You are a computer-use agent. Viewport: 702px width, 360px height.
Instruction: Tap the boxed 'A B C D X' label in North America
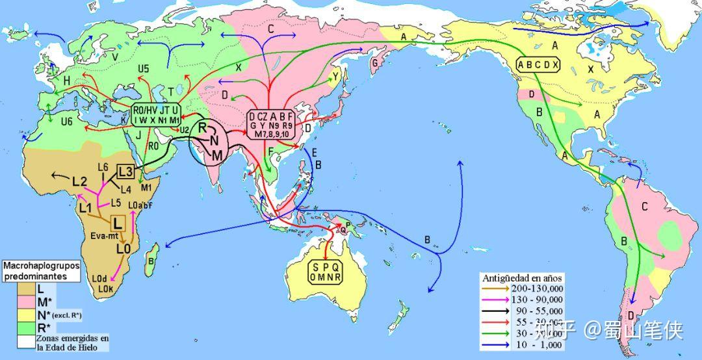538,64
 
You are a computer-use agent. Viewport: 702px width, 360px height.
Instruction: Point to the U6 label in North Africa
66,122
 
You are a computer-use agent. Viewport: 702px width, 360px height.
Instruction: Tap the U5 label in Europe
143,68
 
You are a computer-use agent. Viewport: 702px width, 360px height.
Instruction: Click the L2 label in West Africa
79,181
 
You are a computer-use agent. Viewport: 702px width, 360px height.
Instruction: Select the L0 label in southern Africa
124,248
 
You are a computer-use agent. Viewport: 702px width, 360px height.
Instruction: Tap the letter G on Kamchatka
374,63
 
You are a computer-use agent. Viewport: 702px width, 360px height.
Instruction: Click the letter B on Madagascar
151,262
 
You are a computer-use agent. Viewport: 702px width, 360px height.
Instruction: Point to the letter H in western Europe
67,79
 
